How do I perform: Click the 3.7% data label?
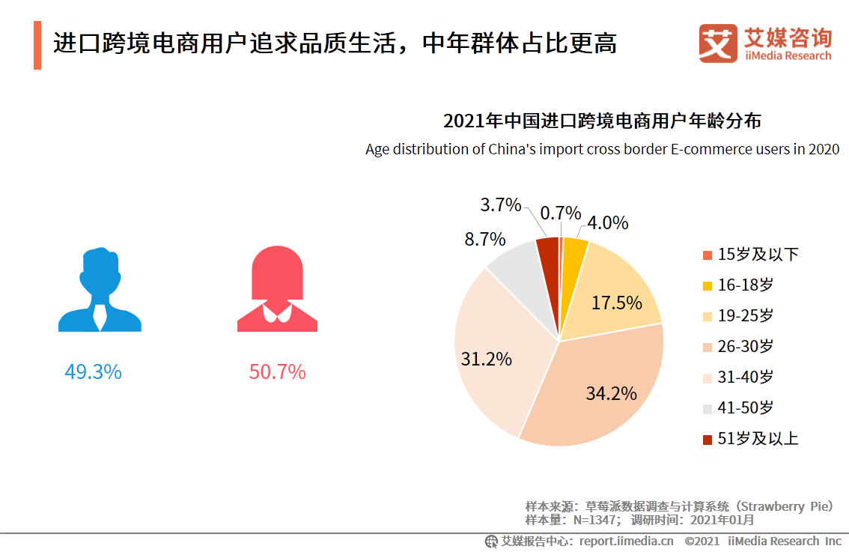tap(500, 204)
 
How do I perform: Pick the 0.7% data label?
tap(561, 213)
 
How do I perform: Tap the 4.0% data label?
tap(607, 223)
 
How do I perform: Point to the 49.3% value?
tap(94, 371)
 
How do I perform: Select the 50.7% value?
tap(277, 371)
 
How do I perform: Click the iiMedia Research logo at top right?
tap(764, 44)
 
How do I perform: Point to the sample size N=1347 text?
tap(573, 519)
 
